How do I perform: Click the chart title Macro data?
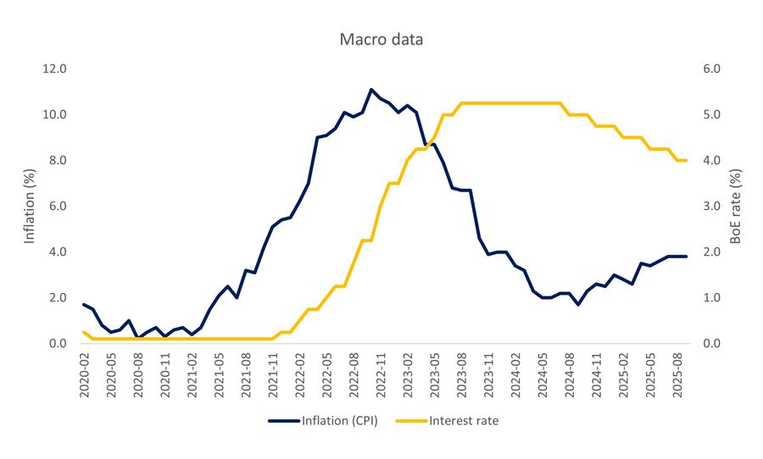pyautogui.click(x=381, y=40)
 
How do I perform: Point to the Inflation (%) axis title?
pyautogui.click(x=30, y=206)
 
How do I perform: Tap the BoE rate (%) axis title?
pyautogui.click(x=736, y=206)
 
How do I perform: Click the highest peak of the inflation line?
pyautogui.click(x=371, y=89)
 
